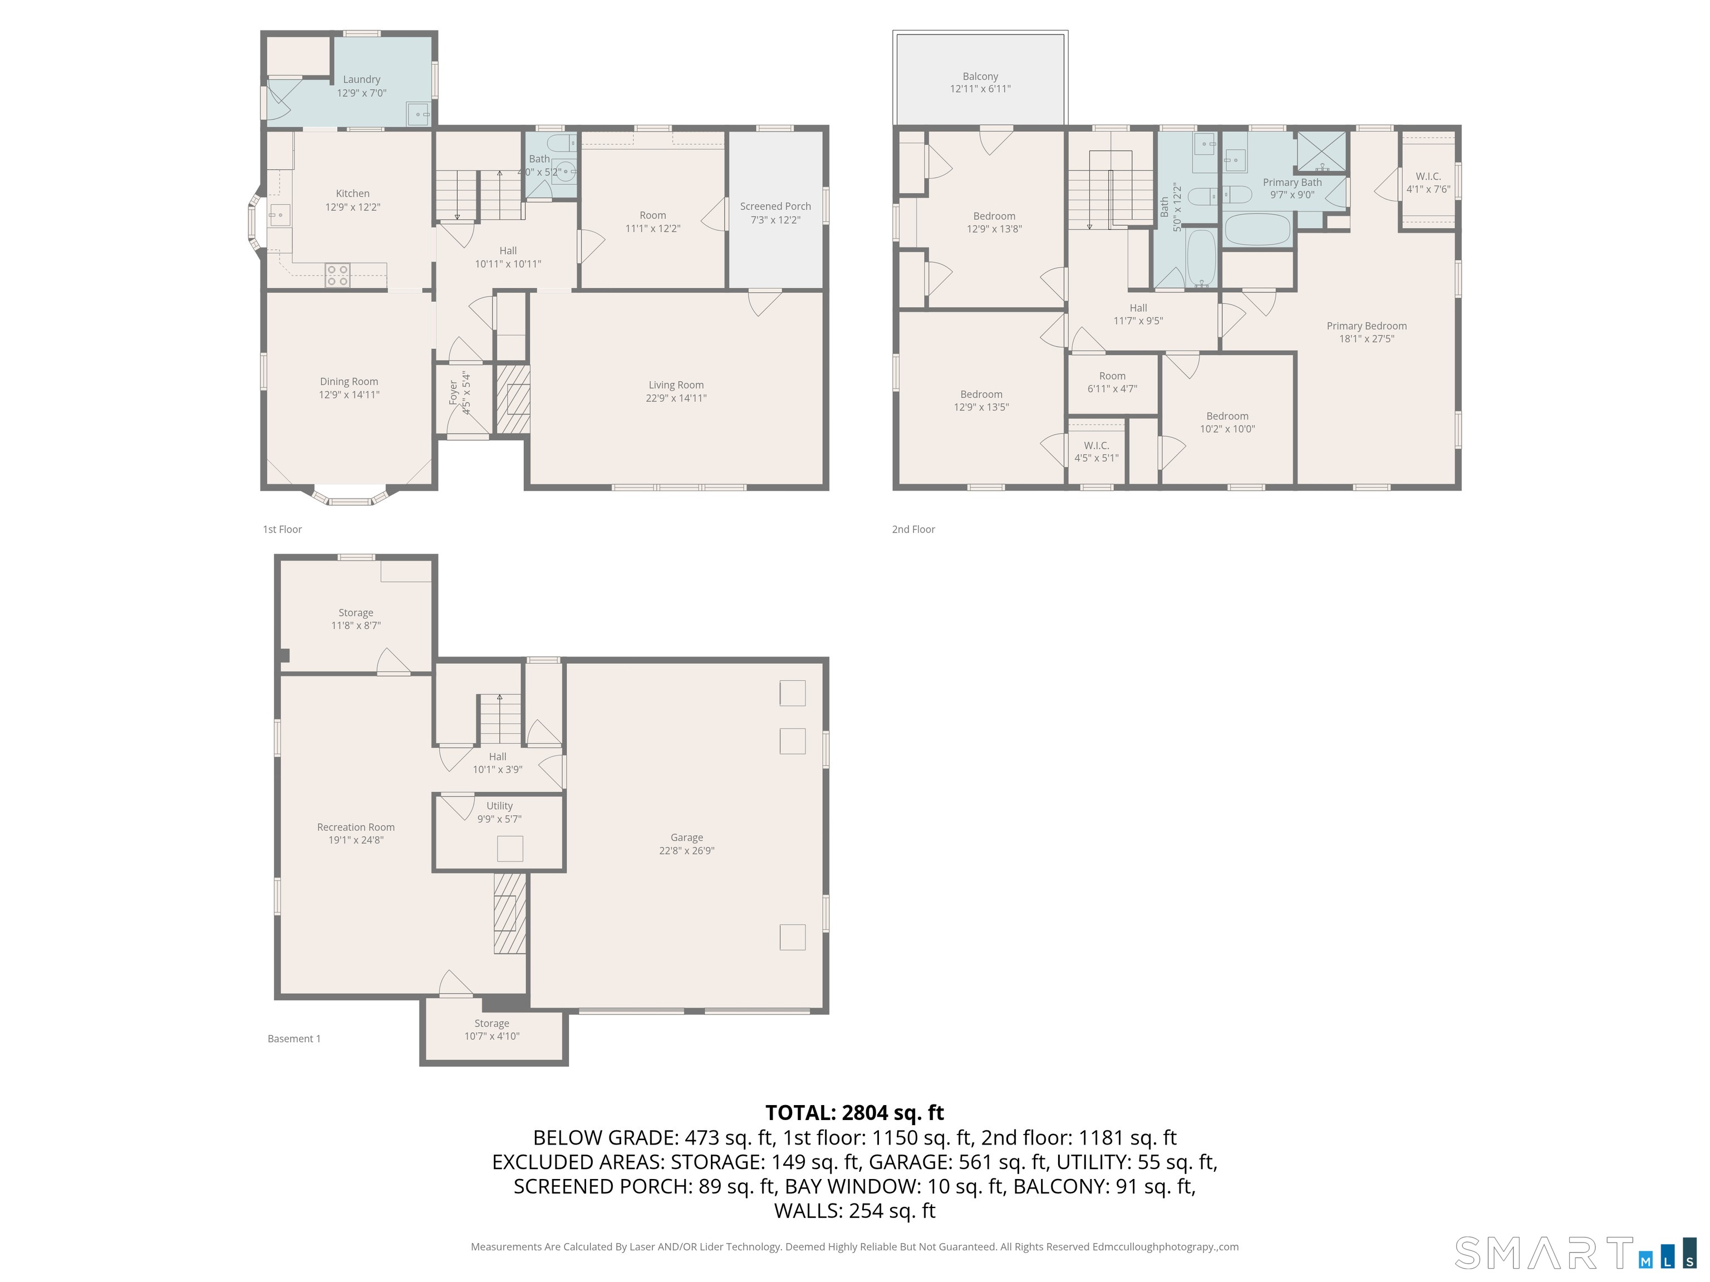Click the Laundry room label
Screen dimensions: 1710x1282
pyautogui.click(x=361, y=80)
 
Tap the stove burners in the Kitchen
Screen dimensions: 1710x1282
pyautogui.click(x=337, y=275)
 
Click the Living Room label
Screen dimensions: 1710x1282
pyautogui.click(x=676, y=385)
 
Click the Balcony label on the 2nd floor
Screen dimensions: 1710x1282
pyautogui.click(x=980, y=76)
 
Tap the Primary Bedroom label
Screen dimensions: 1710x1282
pyautogui.click(x=1367, y=326)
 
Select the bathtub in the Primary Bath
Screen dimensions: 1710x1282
pyautogui.click(x=1258, y=229)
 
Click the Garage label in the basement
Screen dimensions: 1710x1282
pyautogui.click(x=686, y=837)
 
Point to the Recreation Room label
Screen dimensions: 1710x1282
pyautogui.click(x=356, y=827)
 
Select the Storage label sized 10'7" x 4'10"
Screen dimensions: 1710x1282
pyautogui.click(x=492, y=1023)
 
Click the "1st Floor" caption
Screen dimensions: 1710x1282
pyautogui.click(x=282, y=529)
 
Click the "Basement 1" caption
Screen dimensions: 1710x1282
pyautogui.click(x=294, y=1039)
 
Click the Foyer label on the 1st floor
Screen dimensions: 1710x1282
pyautogui.click(x=453, y=393)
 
